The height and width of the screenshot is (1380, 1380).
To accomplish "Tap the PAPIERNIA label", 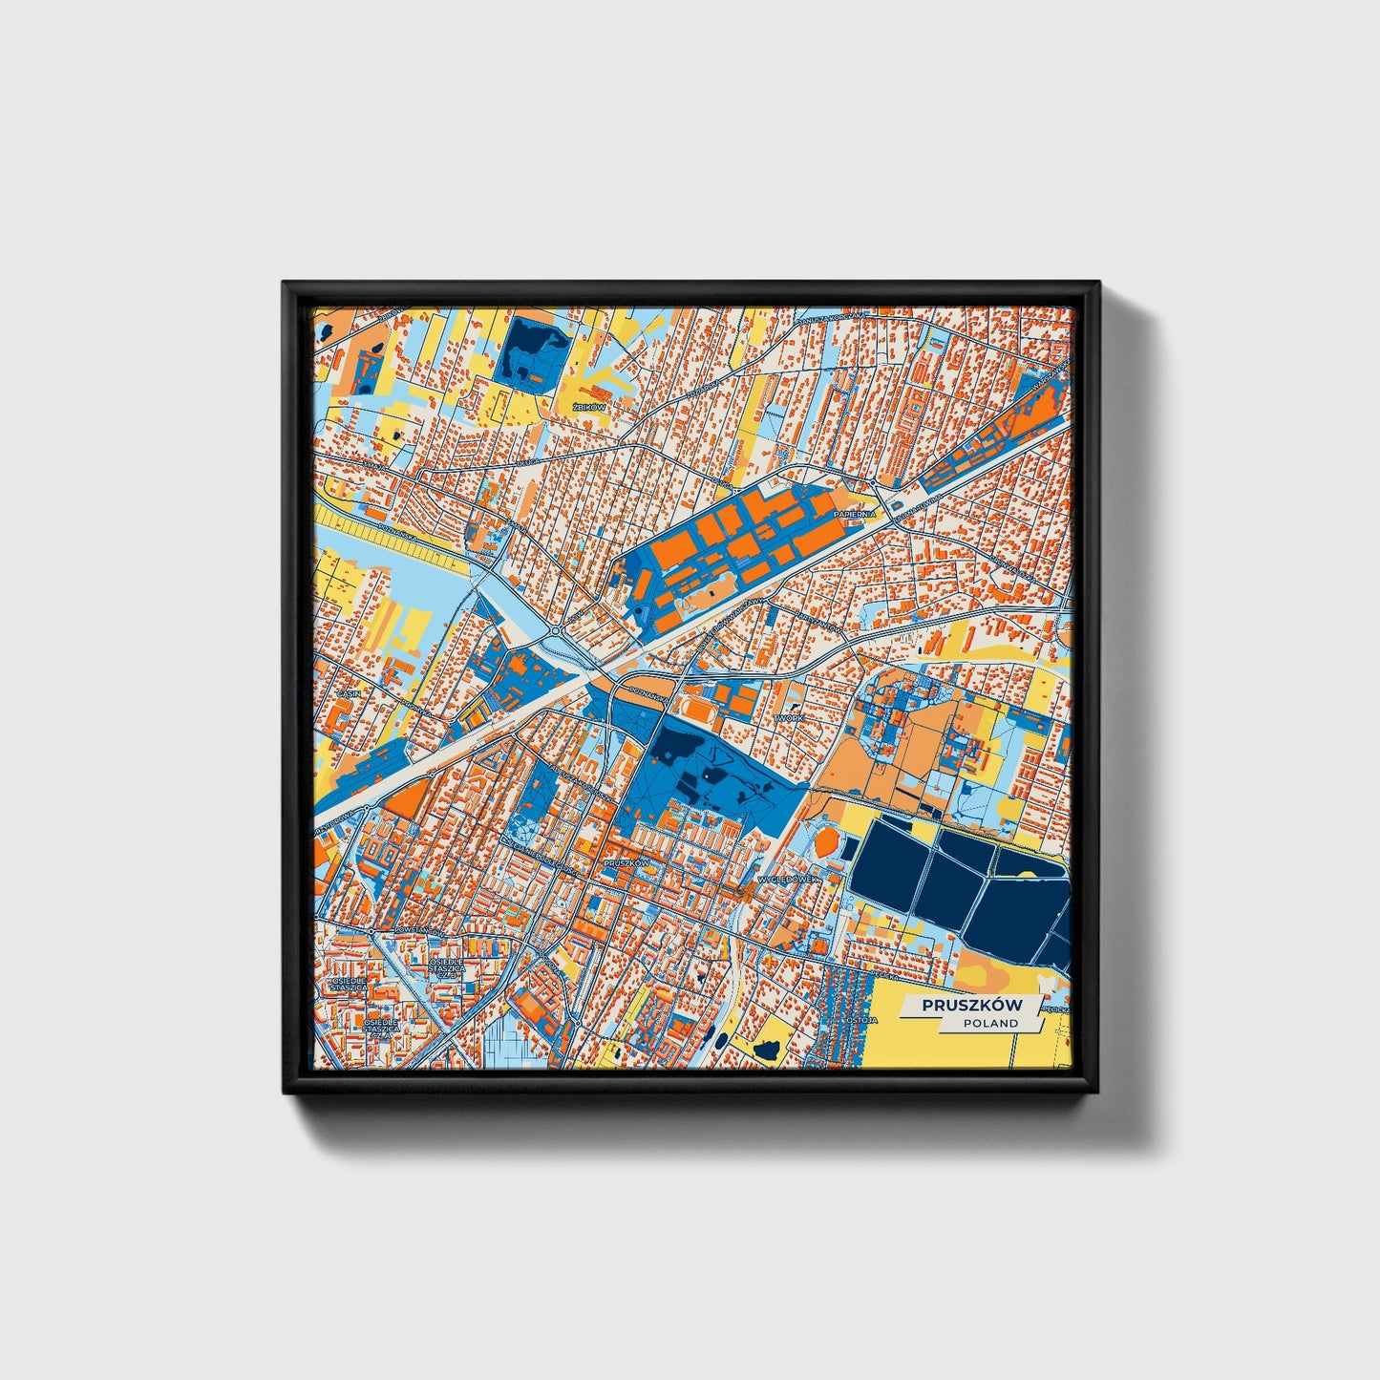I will tap(854, 514).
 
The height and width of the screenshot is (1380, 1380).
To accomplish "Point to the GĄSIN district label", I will tap(350, 693).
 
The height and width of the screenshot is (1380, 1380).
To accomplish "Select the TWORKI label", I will tap(790, 716).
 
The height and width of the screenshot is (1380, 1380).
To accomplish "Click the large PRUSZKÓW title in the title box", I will tap(970, 1006).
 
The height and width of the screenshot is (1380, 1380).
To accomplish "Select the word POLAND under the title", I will tap(990, 1023).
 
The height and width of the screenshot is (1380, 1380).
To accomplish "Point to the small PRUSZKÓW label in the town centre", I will tap(626, 862).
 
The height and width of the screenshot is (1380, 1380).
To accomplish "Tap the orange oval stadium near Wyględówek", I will tap(824, 842).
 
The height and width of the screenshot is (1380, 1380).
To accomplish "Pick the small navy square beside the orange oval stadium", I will tap(847, 902).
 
